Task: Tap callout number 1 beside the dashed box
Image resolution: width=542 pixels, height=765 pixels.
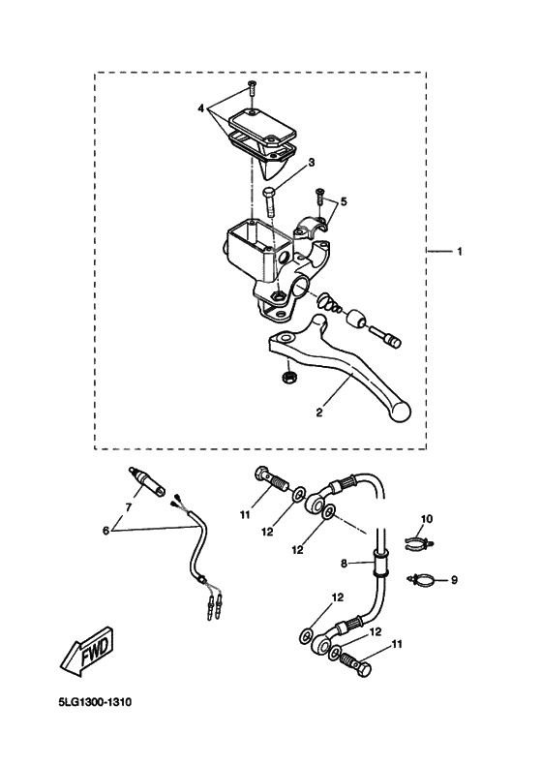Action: (x=460, y=252)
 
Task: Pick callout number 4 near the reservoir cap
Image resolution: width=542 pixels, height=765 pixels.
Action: (x=201, y=109)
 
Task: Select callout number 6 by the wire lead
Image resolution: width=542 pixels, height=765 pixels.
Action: (x=106, y=531)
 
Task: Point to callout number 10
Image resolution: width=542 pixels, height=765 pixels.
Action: (x=427, y=520)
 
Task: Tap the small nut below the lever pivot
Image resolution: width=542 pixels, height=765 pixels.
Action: (x=287, y=374)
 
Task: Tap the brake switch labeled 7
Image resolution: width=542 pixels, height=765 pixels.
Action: (x=144, y=481)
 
